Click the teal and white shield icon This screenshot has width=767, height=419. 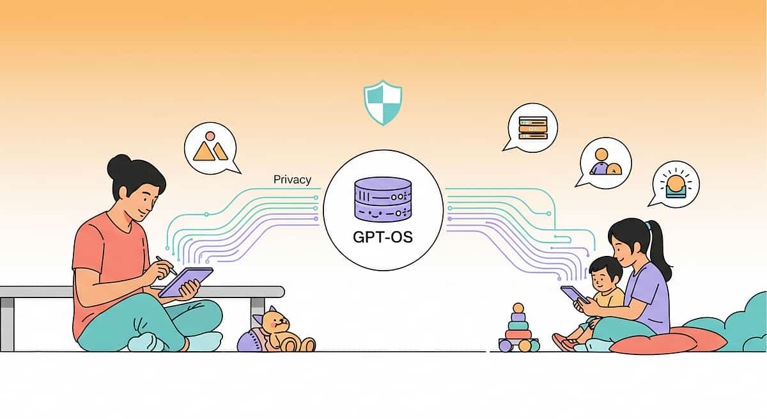383,102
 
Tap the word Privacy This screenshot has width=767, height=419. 292,180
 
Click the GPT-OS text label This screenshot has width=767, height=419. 383,237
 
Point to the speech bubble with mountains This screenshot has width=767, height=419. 210,149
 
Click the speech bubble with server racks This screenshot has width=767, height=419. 532,127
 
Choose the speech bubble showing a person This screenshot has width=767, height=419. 605,162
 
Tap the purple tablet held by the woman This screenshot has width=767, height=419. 186,281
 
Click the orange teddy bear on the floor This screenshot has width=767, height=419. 281,330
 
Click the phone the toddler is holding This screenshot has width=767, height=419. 574,295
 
